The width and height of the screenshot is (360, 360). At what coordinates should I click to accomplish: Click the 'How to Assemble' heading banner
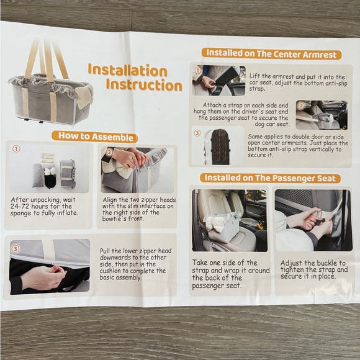tap(94, 137)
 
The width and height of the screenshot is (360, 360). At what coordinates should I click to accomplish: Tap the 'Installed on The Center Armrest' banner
tap(271, 54)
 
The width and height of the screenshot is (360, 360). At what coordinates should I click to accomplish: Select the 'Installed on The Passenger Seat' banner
tap(270, 178)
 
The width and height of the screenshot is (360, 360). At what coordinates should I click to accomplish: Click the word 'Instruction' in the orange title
tap(144, 86)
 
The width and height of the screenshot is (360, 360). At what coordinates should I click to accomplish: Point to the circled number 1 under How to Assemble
tap(16, 149)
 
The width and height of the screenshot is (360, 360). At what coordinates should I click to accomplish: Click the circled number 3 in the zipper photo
tap(16, 249)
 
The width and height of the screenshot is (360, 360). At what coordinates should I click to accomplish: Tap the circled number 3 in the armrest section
tap(197, 133)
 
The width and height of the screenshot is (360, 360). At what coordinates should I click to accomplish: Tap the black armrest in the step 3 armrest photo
tap(220, 147)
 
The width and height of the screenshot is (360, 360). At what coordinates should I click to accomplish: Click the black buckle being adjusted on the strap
tap(320, 221)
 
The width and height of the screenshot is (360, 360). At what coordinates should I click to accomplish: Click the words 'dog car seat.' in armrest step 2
tap(272, 124)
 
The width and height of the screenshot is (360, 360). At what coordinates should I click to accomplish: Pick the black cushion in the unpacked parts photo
tap(50, 181)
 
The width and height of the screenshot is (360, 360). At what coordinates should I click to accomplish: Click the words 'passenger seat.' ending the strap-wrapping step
tap(217, 286)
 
